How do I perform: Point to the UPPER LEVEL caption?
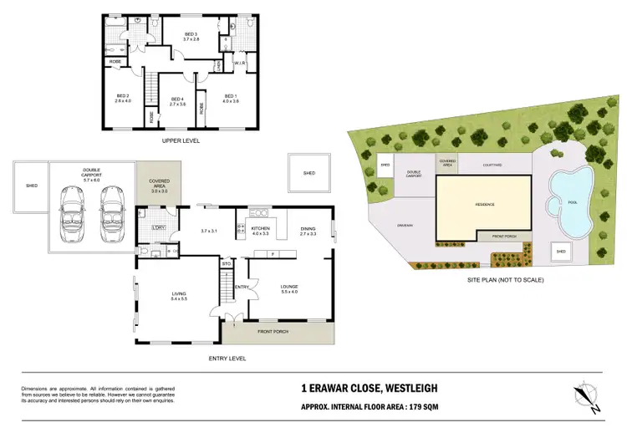[181, 141]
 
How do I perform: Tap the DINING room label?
[308, 229]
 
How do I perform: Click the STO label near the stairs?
[226, 264]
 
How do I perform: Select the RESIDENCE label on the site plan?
[485, 205]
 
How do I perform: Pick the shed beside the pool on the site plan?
[561, 251]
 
